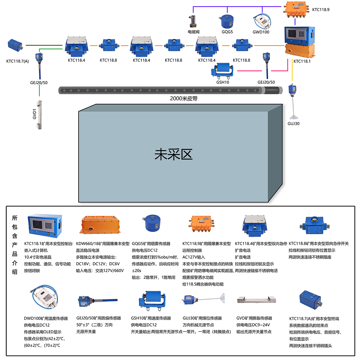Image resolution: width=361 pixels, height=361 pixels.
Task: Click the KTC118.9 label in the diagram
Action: point(321,10)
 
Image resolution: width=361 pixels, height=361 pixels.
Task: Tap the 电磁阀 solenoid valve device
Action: point(192,22)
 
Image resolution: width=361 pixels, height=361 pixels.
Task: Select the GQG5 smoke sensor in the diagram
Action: point(227,21)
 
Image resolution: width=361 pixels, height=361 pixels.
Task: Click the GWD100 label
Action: point(261,32)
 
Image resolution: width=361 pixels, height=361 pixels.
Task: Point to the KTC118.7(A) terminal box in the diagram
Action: point(15,45)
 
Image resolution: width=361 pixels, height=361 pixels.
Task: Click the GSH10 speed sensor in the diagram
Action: point(223,70)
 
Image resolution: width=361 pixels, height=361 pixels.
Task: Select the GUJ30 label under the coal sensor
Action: point(293,123)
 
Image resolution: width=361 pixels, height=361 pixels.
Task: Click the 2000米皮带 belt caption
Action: point(184,98)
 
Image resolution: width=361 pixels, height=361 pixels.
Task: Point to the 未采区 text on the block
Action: point(174,154)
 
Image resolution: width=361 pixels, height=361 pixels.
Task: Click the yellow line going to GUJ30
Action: point(292,72)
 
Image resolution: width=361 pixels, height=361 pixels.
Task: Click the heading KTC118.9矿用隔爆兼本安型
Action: point(207,244)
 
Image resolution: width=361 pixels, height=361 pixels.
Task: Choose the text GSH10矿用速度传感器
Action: point(151,318)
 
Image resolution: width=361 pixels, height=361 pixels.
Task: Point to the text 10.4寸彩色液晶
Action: point(38,257)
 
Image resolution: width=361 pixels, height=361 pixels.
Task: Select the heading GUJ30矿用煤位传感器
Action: point(202,318)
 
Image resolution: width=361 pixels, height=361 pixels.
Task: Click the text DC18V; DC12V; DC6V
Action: point(98,264)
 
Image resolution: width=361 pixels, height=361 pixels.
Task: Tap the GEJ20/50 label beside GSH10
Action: point(266,82)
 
